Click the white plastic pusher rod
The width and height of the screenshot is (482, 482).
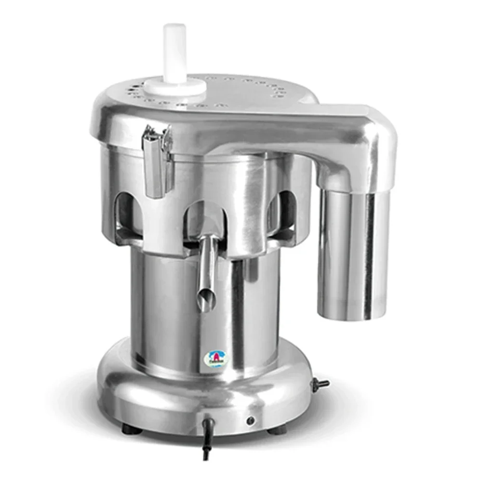(174, 53)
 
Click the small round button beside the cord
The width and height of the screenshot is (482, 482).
(250, 421)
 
